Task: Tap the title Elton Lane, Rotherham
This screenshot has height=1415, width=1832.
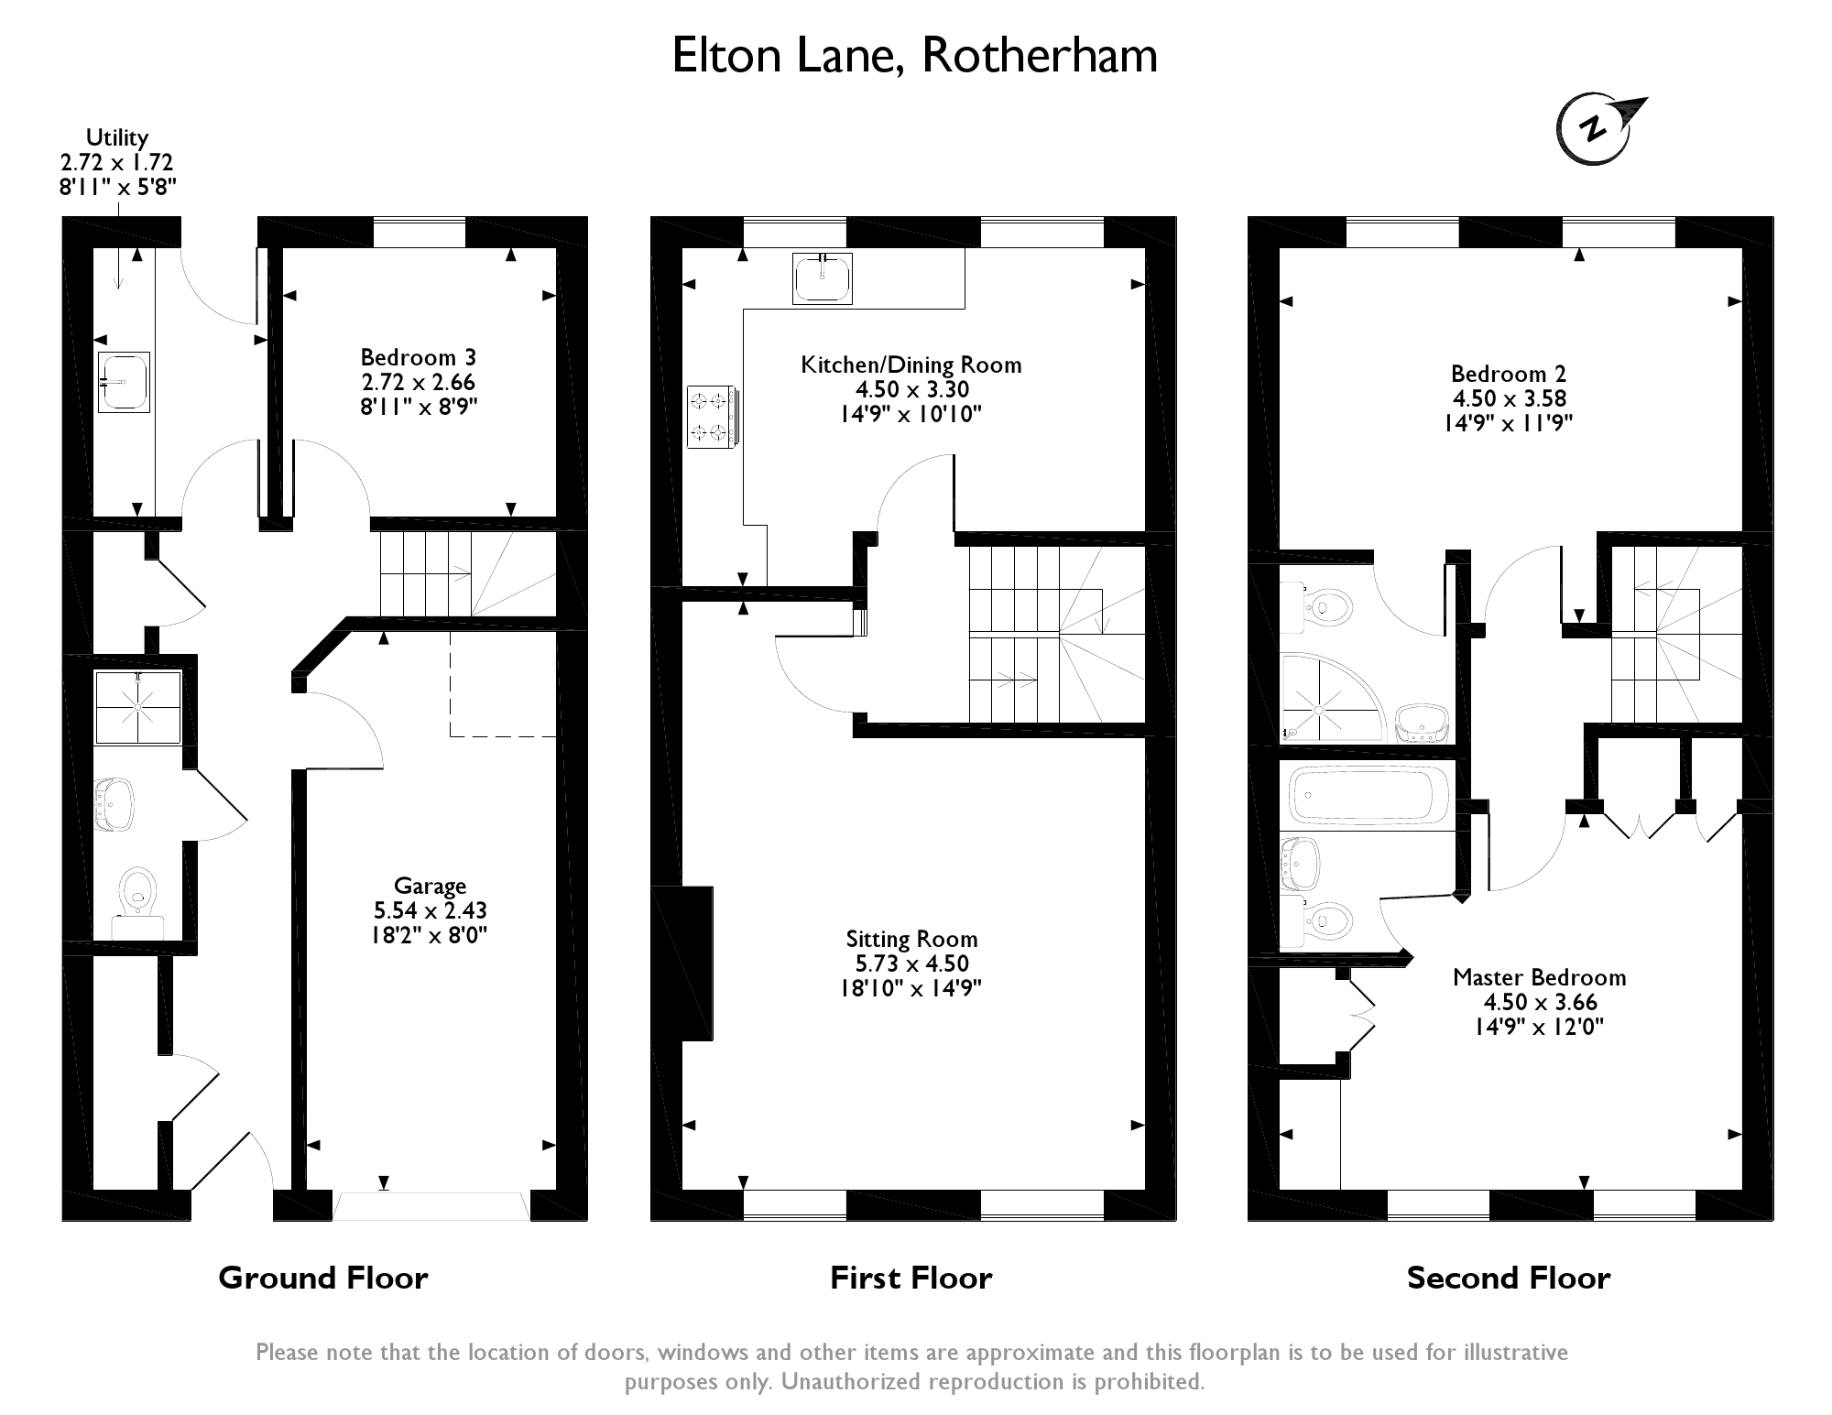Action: point(914,56)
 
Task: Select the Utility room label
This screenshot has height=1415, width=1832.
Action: point(116,138)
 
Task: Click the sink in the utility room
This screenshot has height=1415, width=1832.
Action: point(124,382)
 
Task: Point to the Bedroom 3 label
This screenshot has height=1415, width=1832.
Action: point(418,357)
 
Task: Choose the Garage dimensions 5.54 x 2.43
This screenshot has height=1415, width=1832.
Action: point(430,910)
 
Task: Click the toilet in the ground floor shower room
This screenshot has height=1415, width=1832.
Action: point(137,894)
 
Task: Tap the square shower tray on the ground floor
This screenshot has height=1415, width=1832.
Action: point(138,707)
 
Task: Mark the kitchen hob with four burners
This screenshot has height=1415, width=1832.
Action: point(710,417)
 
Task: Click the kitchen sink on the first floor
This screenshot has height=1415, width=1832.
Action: point(822,278)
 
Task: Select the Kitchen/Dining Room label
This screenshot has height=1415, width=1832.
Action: point(911,365)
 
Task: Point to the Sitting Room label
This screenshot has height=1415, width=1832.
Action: point(911,939)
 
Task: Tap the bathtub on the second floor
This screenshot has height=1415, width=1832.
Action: point(1368,795)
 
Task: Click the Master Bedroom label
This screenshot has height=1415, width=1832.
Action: point(1539,977)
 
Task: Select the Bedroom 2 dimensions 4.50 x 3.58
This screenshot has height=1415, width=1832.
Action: point(1509,398)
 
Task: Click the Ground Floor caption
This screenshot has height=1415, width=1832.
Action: point(322,1278)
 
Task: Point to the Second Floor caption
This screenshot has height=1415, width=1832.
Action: point(1508,1278)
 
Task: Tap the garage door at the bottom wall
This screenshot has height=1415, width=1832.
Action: point(431,1205)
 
